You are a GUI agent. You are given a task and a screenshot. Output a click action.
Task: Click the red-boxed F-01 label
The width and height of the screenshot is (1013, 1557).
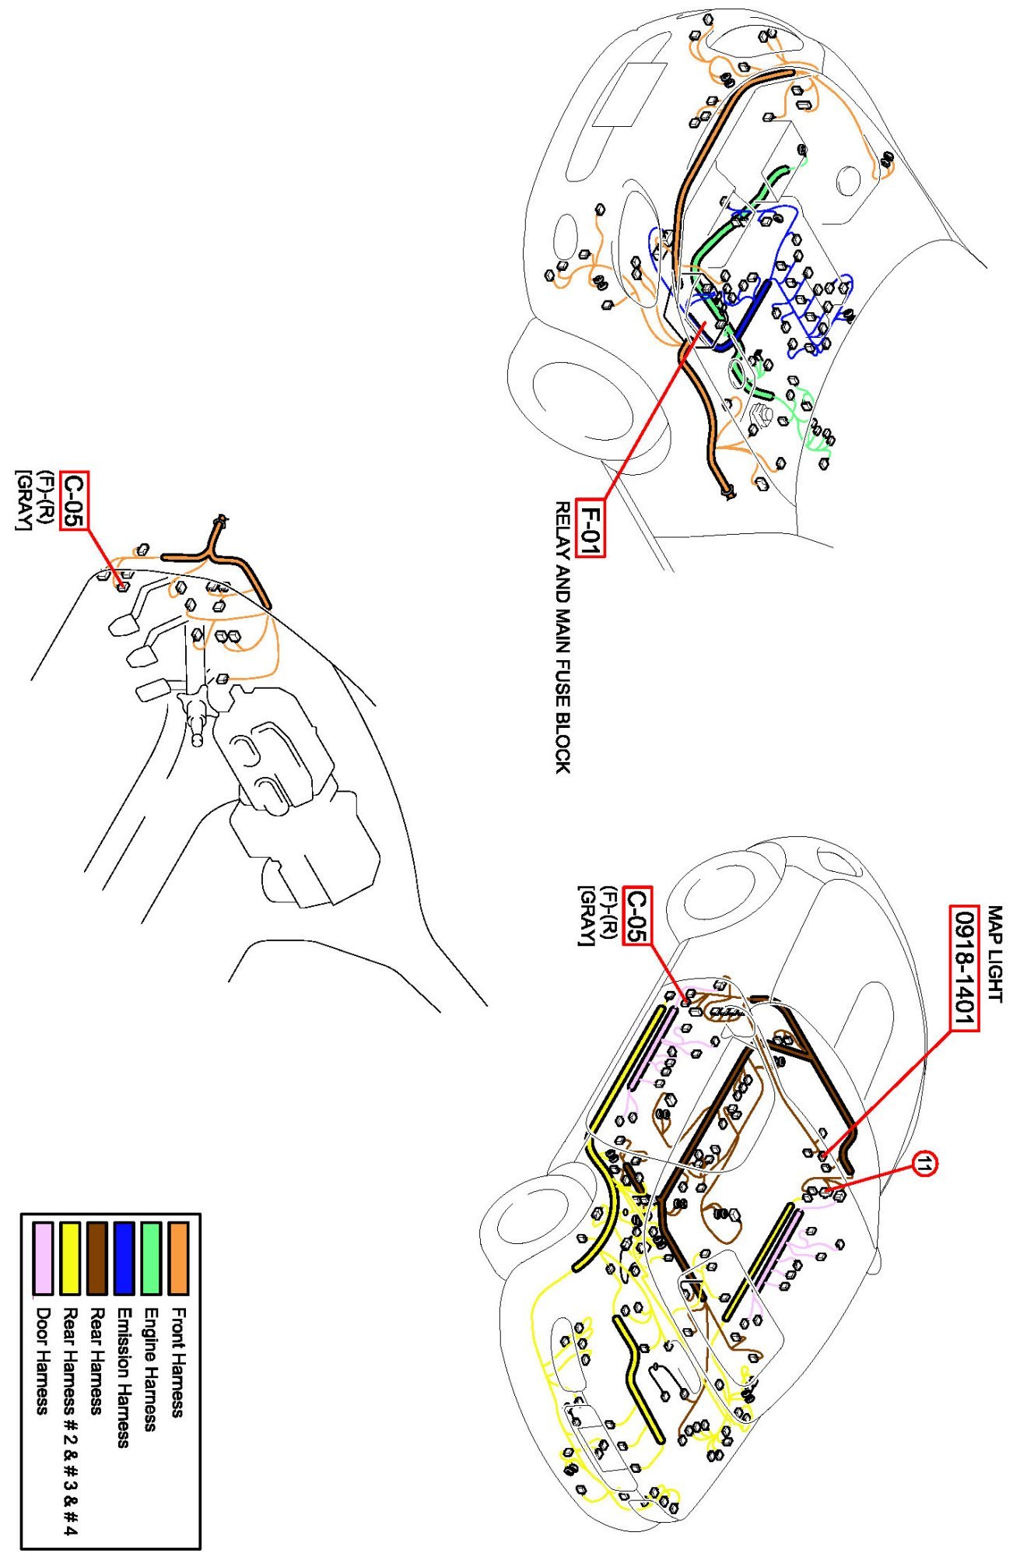tap(591, 527)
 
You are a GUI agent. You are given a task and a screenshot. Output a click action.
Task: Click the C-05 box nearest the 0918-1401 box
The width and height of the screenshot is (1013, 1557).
tap(637, 916)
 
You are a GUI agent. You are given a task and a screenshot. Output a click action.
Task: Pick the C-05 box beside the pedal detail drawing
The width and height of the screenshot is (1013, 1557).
tap(75, 500)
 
